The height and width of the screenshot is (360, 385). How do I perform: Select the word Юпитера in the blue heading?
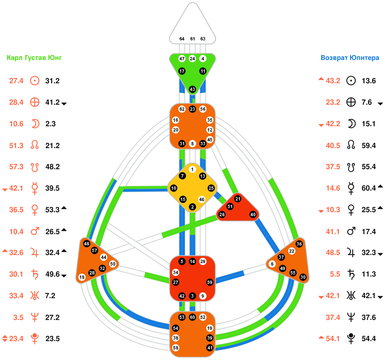(364, 58)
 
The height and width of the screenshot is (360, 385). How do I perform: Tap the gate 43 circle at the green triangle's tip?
(193, 89)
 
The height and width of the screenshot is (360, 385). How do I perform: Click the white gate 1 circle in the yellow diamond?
(192, 169)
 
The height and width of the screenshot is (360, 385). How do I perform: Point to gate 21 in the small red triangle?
(238, 199)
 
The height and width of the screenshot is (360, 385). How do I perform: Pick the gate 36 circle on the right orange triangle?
(299, 244)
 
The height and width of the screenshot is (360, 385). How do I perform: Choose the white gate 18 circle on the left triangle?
(82, 277)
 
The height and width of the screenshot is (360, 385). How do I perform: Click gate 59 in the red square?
(210, 282)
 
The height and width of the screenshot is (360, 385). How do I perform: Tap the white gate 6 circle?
(272, 264)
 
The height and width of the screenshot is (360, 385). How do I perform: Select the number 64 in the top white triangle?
(182, 39)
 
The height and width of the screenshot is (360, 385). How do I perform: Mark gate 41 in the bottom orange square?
(210, 348)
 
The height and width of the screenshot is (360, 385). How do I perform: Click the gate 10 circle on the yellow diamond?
(174, 188)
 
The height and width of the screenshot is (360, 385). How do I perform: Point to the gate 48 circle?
(87, 244)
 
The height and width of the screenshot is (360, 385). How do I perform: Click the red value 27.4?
(16, 81)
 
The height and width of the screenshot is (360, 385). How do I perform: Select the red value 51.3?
(16, 146)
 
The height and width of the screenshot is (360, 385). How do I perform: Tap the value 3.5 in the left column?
(18, 318)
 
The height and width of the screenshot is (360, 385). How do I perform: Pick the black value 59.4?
(369, 146)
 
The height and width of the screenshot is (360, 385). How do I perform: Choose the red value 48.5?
(333, 253)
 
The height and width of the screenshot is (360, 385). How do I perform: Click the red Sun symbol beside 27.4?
(35, 81)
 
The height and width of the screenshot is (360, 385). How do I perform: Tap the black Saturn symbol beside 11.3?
(351, 274)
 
